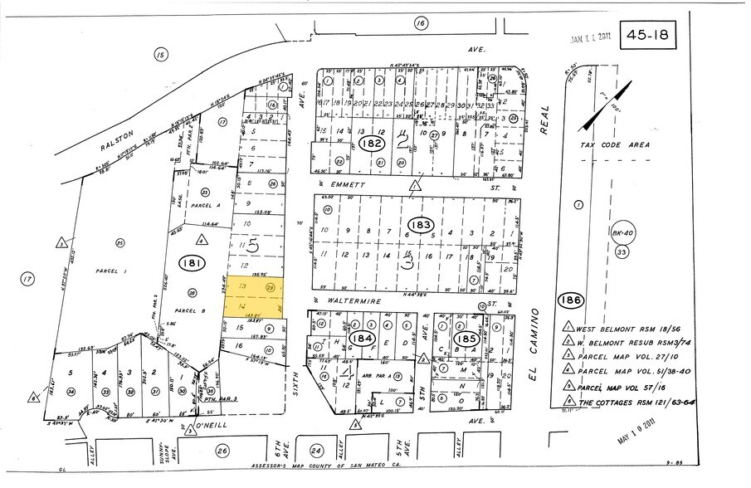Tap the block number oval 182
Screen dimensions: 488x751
click(x=371, y=144)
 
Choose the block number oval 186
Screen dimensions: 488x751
click(x=570, y=300)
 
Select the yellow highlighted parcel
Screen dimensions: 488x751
click(x=255, y=295)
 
